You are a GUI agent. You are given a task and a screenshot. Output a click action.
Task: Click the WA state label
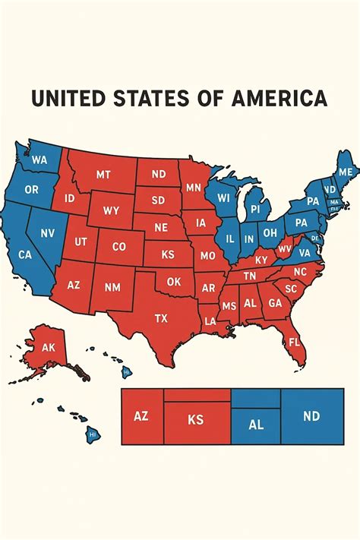pos(39,160)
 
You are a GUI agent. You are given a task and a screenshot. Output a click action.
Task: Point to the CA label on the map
pos(25,255)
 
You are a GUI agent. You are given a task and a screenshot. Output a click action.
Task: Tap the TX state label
pos(161,318)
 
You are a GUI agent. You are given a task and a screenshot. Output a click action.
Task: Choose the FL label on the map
pos(294,342)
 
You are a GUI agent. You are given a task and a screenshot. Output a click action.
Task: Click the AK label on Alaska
pos(49,347)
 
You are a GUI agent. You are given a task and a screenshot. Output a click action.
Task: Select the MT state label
pos(103,174)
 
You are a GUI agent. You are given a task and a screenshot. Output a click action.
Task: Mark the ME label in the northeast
pos(345,172)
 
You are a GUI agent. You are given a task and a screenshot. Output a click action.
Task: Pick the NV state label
pos(47,233)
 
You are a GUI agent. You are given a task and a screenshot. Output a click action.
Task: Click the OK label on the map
pos(174,281)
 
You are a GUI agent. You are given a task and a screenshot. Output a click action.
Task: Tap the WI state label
pos(223,197)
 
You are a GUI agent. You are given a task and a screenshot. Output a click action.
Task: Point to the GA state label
pos(275,302)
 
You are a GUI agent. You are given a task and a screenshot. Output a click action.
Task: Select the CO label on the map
pos(118,246)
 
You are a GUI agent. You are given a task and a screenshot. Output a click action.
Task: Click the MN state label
pos(193,187)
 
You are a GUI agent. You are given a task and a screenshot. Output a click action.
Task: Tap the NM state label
pos(112,287)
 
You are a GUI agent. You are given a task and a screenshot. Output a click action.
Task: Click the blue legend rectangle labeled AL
pos(256,425)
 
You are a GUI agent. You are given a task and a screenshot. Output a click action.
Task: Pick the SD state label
pos(158,201)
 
